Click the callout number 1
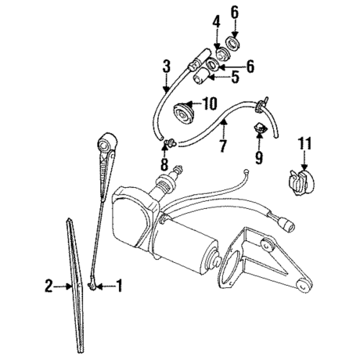click(x=119, y=286)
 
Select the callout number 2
click(x=49, y=286)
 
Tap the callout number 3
click(x=167, y=67)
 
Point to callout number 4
click(x=216, y=22)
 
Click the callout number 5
click(x=235, y=77)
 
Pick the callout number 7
click(x=222, y=146)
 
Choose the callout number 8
click(x=164, y=164)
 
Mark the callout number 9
click(x=259, y=157)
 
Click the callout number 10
click(x=210, y=103)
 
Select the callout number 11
click(x=305, y=143)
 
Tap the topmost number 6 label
click(x=235, y=13)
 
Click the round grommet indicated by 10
click(x=184, y=113)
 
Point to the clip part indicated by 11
click(x=301, y=182)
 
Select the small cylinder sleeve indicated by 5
click(x=200, y=75)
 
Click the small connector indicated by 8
click(x=171, y=142)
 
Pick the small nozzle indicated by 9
click(x=260, y=128)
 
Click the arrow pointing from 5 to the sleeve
click(x=219, y=77)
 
